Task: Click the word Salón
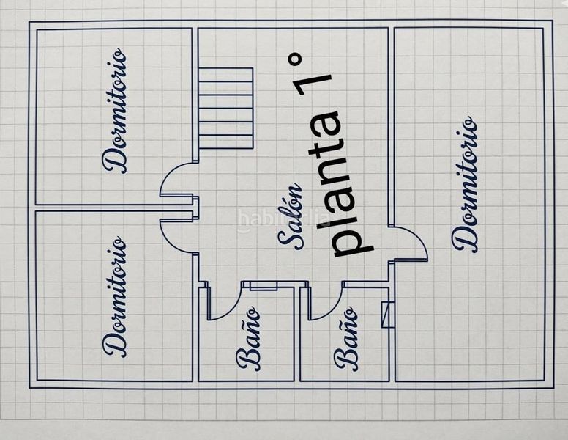(290, 216)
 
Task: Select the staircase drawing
(225, 108)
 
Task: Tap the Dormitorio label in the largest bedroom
(465, 184)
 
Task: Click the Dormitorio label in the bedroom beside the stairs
(115, 110)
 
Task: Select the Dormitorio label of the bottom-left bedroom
(115, 296)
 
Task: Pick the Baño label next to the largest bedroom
(347, 338)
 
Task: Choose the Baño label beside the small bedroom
(248, 338)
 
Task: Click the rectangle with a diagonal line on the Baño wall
(388, 315)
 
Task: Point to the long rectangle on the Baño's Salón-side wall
(264, 285)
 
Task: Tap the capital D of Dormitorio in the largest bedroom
(465, 239)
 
